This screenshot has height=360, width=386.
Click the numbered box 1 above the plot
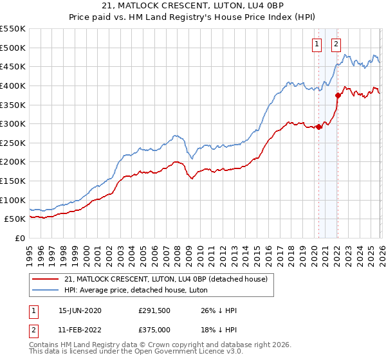coord(318,44)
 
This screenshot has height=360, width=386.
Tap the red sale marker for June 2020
coord(318,127)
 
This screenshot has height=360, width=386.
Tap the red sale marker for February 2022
coord(337,95)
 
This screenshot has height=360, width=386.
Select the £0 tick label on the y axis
coord(20,238)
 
